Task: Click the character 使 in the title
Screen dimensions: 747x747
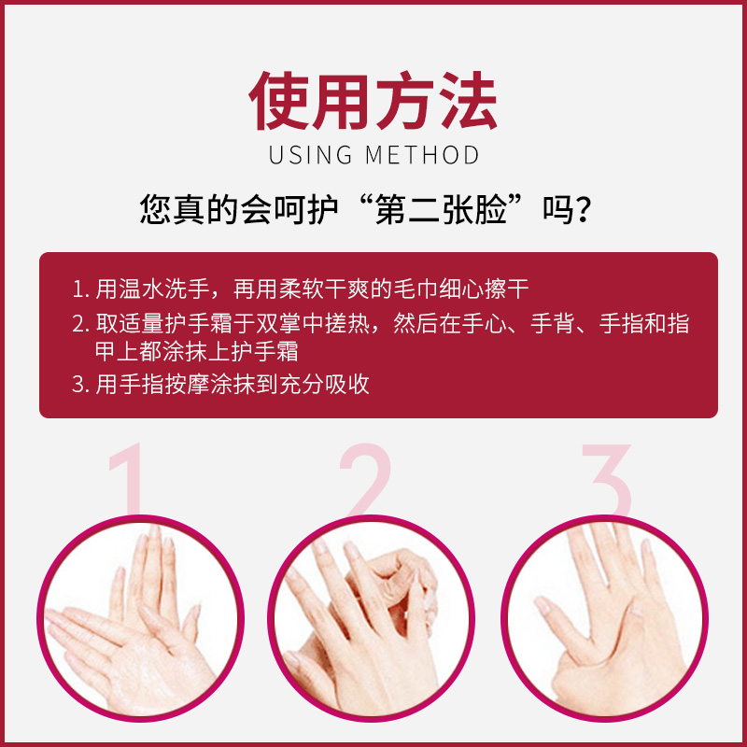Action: click(x=281, y=99)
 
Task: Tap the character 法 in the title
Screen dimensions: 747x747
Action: click(x=466, y=99)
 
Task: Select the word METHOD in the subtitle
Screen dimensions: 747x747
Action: click(x=422, y=155)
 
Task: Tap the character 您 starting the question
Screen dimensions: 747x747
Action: click(x=155, y=208)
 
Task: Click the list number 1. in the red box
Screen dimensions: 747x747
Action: click(x=79, y=288)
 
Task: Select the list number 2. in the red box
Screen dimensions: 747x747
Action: click(x=79, y=324)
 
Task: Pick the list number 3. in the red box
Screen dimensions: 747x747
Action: click(x=79, y=385)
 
